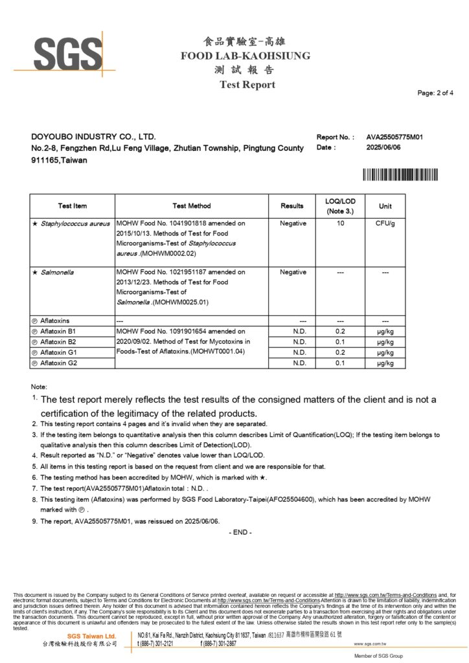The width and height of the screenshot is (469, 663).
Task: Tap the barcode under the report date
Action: click(400, 174)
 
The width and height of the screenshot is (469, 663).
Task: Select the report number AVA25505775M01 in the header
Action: click(395, 137)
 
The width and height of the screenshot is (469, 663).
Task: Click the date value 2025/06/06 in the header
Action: click(383, 148)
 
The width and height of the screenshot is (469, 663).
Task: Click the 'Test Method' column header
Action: click(192, 206)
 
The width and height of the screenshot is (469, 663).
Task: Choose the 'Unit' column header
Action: click(385, 206)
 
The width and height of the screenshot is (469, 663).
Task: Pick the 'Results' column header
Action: click(292, 206)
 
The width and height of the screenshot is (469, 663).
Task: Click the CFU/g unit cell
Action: click(385, 223)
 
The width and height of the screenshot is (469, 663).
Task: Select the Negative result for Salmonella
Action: click(293, 273)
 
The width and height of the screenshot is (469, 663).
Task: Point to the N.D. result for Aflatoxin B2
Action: click(299, 342)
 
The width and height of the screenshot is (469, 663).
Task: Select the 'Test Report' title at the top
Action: click(247, 85)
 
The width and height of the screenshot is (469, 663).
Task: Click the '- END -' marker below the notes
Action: click(240, 532)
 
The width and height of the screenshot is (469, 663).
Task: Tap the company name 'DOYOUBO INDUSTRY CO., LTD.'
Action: click(94, 137)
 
